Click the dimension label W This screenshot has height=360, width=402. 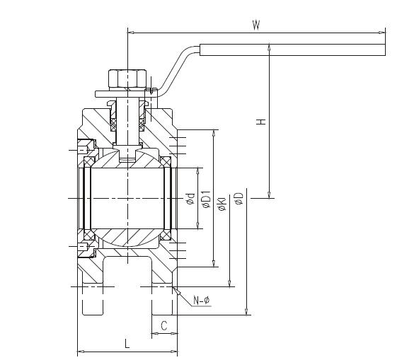pos(256,25)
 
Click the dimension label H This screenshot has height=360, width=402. pos(261,122)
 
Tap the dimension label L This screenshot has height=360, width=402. pos(127,343)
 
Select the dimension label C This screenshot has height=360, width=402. pos(164,325)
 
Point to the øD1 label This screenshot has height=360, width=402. pos(206,199)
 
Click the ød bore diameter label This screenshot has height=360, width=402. pos(191,199)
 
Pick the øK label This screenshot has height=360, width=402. pos(222,204)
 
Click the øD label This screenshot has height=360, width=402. pos(239,199)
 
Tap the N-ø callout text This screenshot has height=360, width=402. pos(202,300)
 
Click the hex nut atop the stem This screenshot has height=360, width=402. pos(127,79)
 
